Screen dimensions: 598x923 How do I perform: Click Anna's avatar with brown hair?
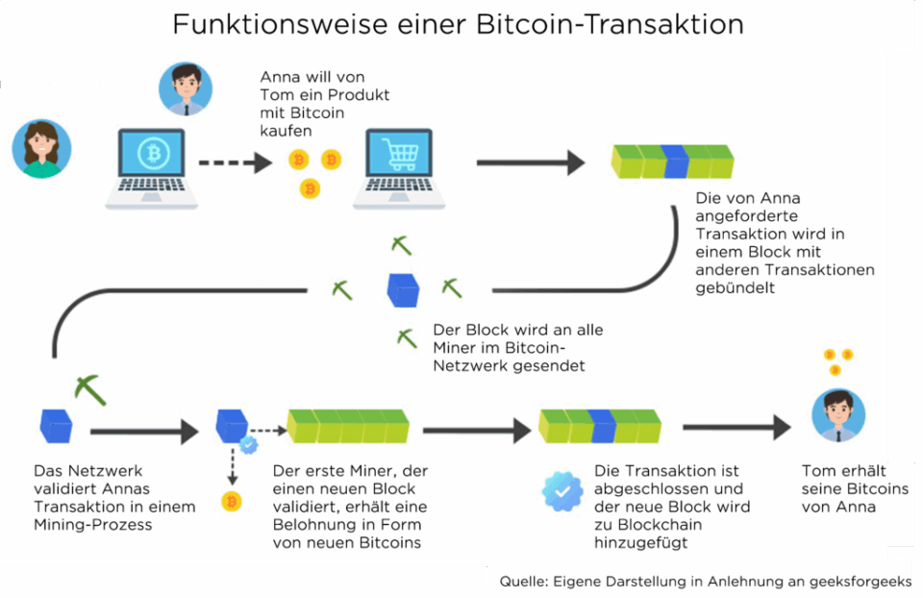pyautogui.click(x=41, y=150)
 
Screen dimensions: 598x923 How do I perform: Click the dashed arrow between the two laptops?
pyautogui.click(x=236, y=162)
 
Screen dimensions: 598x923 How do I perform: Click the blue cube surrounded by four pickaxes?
pyautogui.click(x=402, y=288)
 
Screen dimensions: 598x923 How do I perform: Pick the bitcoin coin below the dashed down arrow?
pyautogui.click(x=231, y=501)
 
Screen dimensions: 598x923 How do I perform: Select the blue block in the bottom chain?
pyautogui.click(x=603, y=425)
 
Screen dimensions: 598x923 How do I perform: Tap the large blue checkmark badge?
pyautogui.click(x=561, y=490)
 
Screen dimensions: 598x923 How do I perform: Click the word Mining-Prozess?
pyautogui.click(x=92, y=525)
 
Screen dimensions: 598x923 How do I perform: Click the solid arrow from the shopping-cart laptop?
pyautogui.click(x=530, y=162)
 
